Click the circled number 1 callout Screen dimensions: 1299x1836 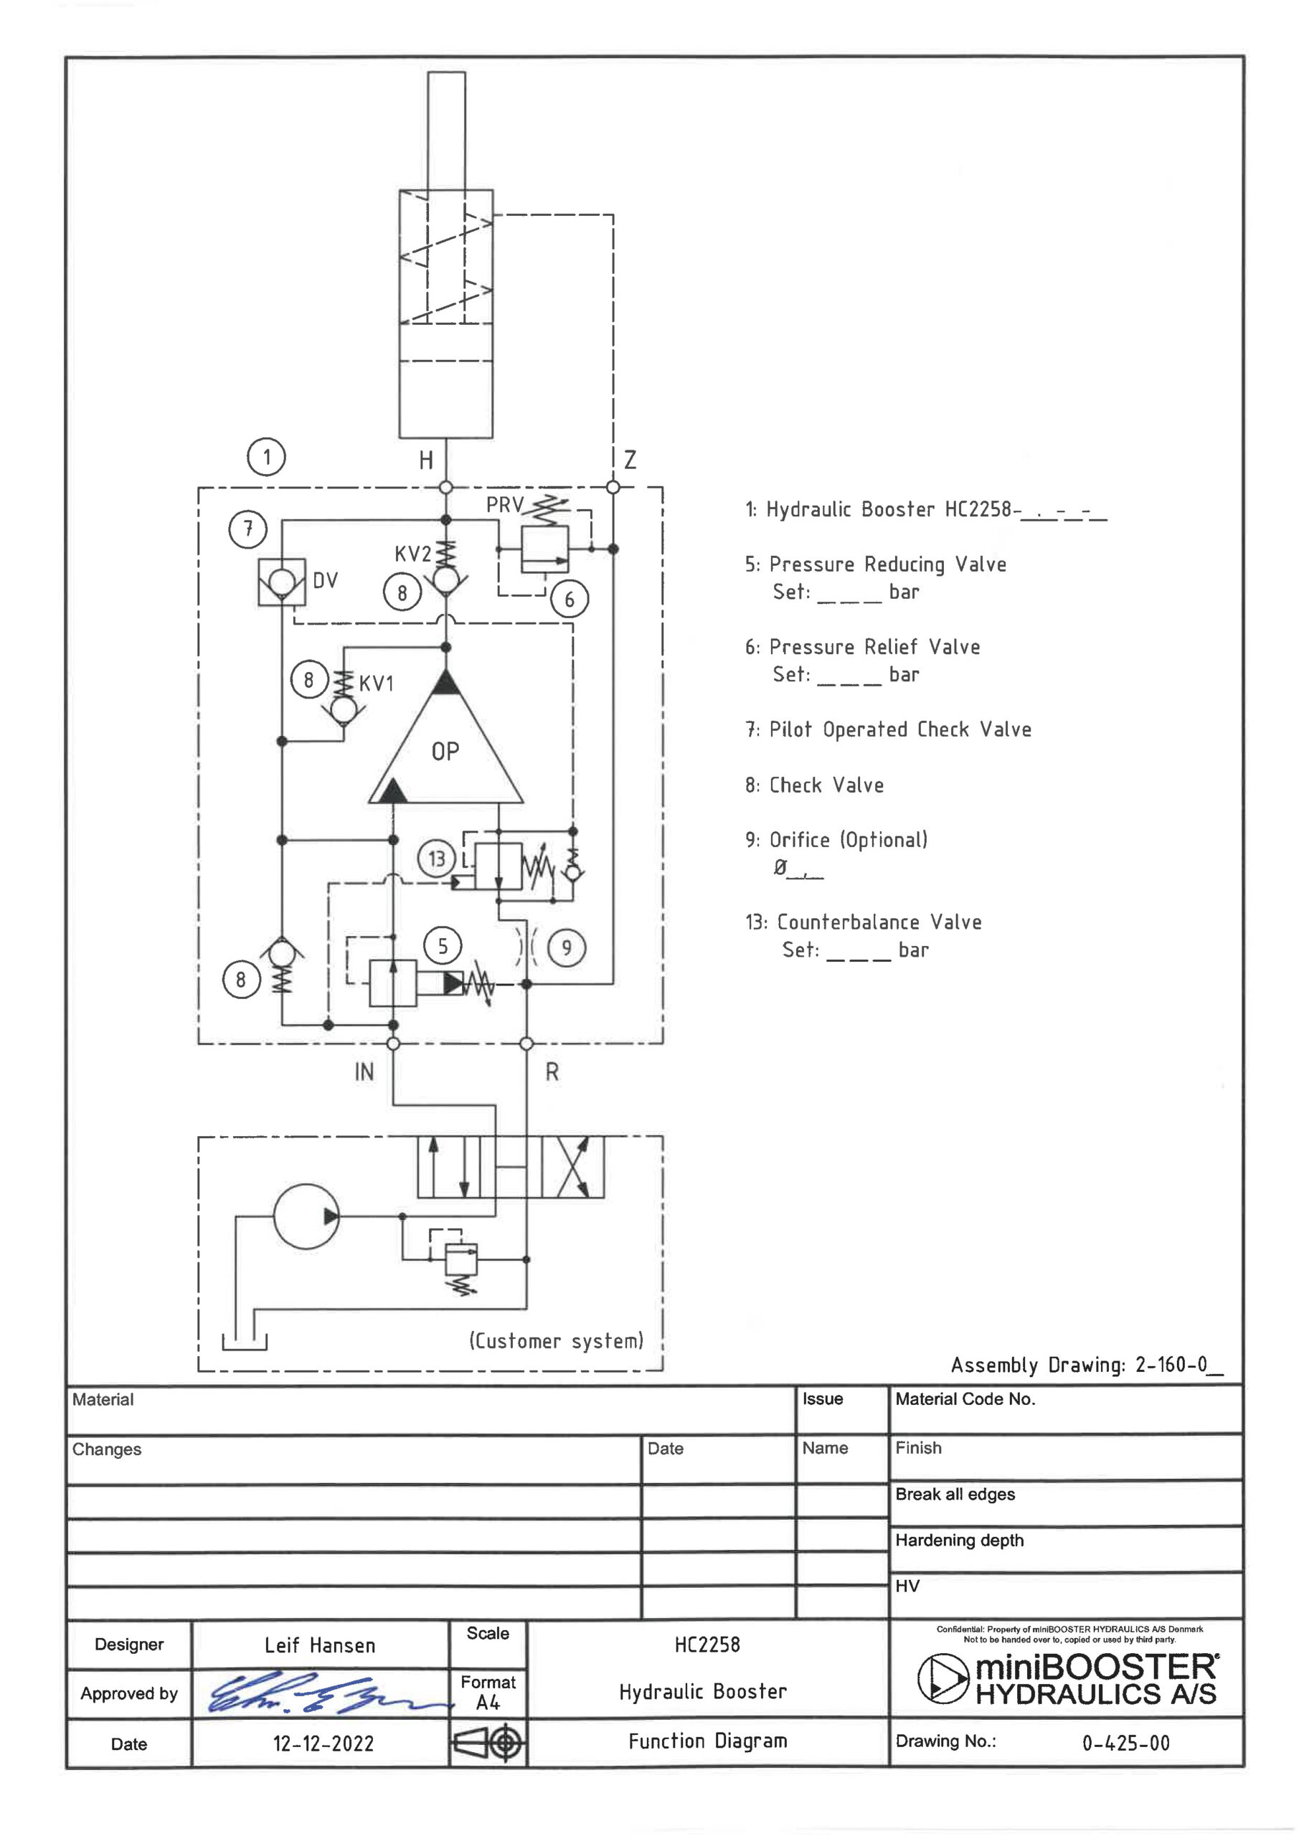click(x=266, y=457)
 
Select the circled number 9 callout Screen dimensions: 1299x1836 click(x=567, y=948)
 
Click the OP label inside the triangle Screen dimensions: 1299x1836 click(x=445, y=752)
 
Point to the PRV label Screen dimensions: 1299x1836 click(x=505, y=506)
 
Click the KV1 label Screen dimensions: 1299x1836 click(x=376, y=683)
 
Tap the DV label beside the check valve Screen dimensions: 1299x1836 click(x=326, y=580)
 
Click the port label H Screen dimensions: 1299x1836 click(x=426, y=460)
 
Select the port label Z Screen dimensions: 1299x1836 click(x=630, y=460)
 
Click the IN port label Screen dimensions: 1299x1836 click(x=364, y=1071)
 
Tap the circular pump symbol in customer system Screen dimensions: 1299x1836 click(x=306, y=1216)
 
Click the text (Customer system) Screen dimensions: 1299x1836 click(x=557, y=1341)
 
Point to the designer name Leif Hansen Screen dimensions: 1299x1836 click(x=320, y=1645)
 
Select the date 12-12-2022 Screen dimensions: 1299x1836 click(x=323, y=1743)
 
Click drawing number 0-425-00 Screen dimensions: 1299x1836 click(x=1125, y=1743)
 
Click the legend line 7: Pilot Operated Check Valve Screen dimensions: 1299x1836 click(x=888, y=729)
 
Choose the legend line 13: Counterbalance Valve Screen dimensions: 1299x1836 click(x=863, y=922)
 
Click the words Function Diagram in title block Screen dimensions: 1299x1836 click(x=708, y=1741)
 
